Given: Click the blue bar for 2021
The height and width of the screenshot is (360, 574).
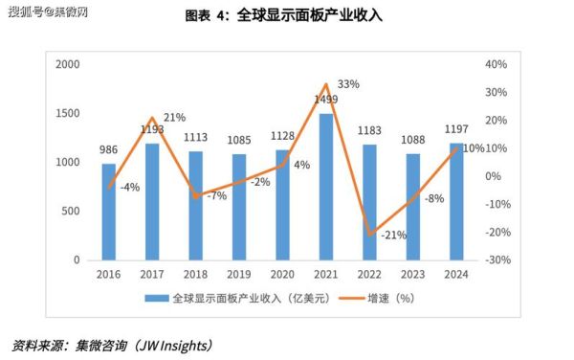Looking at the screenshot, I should (x=325, y=187).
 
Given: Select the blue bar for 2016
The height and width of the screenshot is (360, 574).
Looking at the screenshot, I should (x=109, y=212).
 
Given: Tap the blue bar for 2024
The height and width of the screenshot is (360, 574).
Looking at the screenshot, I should (x=455, y=201).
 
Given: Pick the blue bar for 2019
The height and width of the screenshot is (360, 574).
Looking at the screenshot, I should (x=239, y=207).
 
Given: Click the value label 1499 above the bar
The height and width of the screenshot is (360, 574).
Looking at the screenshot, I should (x=325, y=101).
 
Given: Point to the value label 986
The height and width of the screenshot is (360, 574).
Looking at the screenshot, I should (x=109, y=150).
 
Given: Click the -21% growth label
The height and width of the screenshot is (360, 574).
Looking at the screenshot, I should (x=393, y=236).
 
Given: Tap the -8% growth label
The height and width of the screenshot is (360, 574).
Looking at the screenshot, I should (x=434, y=198).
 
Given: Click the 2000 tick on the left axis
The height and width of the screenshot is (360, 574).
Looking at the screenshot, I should (x=67, y=64).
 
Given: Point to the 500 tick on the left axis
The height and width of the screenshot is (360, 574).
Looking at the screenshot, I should (x=72, y=211).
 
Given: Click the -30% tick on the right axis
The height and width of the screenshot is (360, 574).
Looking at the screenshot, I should (x=497, y=259).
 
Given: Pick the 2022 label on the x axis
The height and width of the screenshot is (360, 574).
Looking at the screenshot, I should (x=369, y=273).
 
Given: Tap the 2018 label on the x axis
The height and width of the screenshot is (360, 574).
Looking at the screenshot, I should (x=196, y=273).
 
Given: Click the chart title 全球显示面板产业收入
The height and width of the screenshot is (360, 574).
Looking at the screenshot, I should (x=312, y=16).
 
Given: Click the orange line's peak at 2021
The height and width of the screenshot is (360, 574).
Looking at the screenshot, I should (x=325, y=85).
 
